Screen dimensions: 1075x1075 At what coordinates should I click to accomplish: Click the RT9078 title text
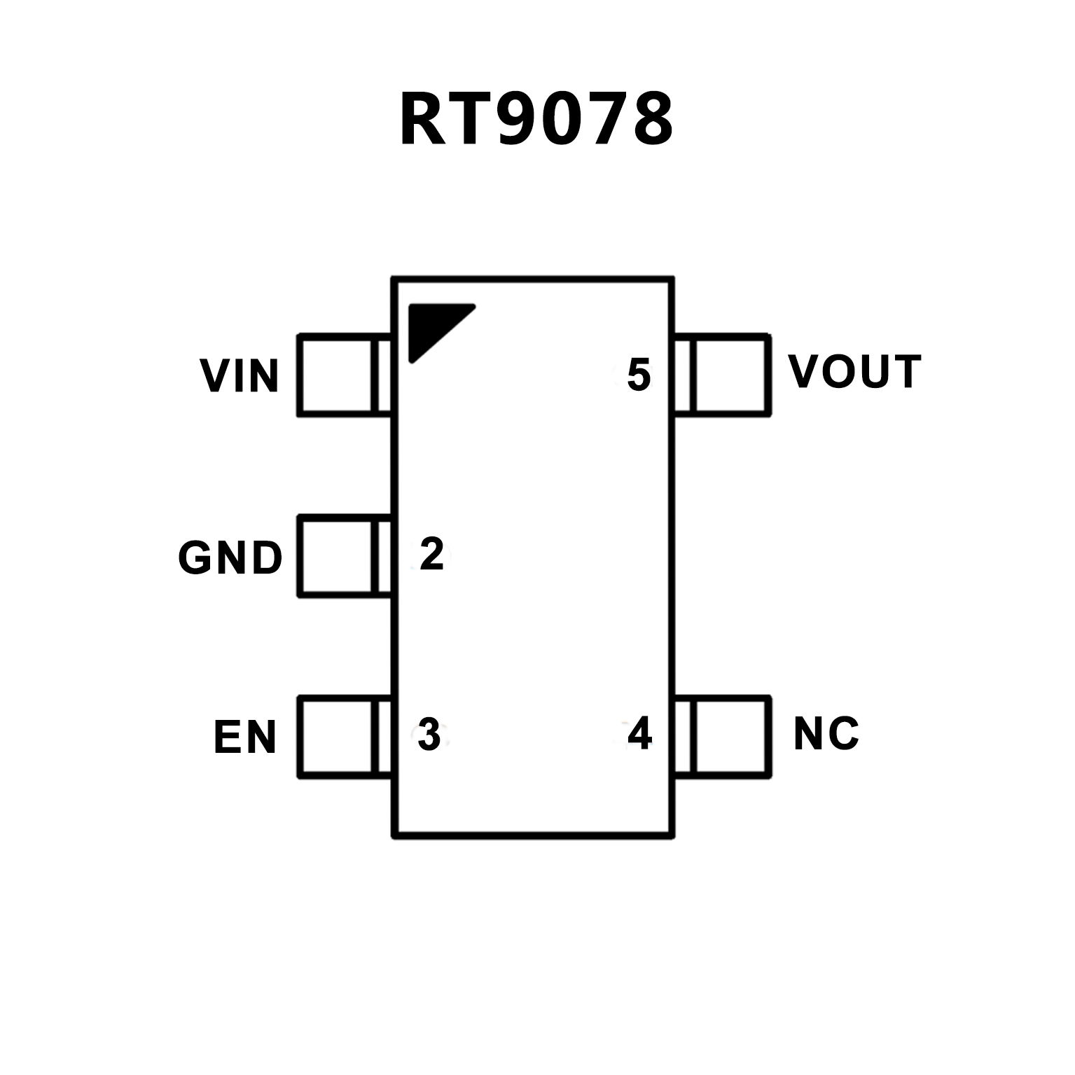[536, 120]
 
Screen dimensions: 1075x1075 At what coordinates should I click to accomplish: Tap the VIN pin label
[240, 376]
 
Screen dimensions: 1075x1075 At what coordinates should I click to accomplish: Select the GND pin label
[230, 558]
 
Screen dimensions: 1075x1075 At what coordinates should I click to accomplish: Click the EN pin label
[245, 737]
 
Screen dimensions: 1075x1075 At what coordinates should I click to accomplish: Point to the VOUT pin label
[854, 371]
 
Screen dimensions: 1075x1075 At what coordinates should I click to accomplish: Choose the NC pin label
[826, 733]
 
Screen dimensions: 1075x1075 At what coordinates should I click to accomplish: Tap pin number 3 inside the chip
[429, 734]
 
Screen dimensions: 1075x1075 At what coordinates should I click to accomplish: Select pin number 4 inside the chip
[639, 734]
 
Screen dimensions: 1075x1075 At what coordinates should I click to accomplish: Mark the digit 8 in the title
[651, 120]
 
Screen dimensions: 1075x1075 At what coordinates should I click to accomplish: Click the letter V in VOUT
[802, 371]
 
